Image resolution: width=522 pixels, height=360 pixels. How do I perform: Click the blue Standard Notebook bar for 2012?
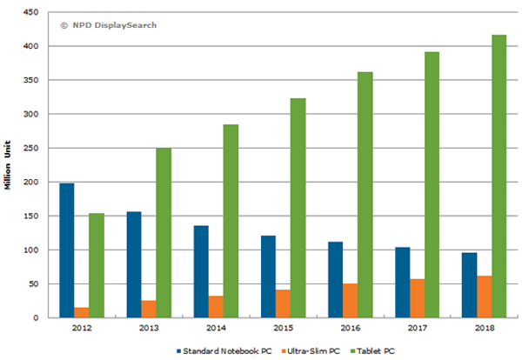67,250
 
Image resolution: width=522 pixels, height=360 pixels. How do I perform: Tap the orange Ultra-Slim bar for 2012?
81,312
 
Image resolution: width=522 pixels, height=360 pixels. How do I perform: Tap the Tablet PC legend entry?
375,350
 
